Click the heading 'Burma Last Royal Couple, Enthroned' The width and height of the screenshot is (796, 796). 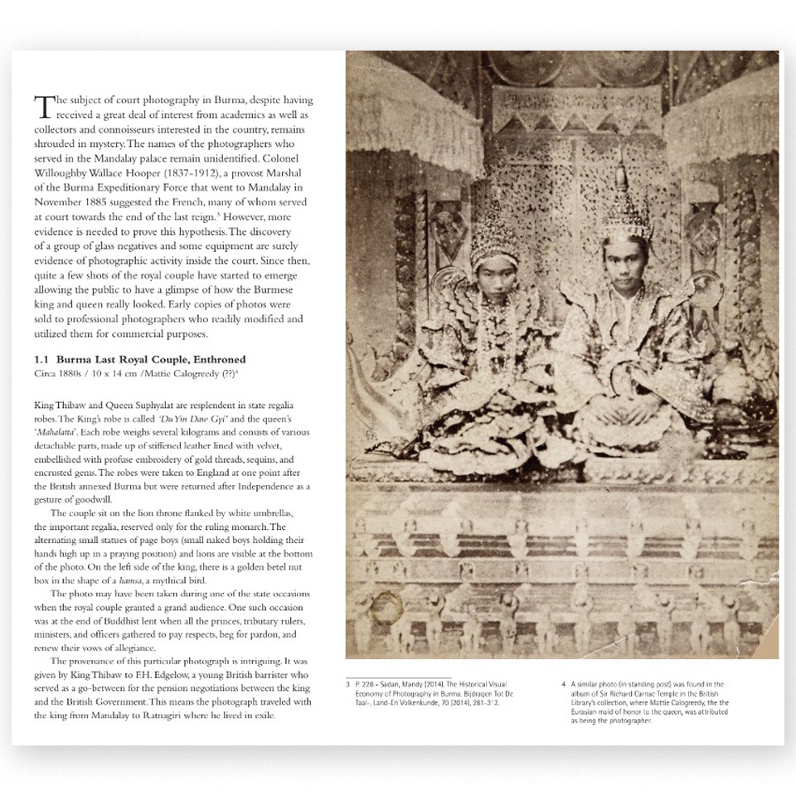[152, 359]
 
